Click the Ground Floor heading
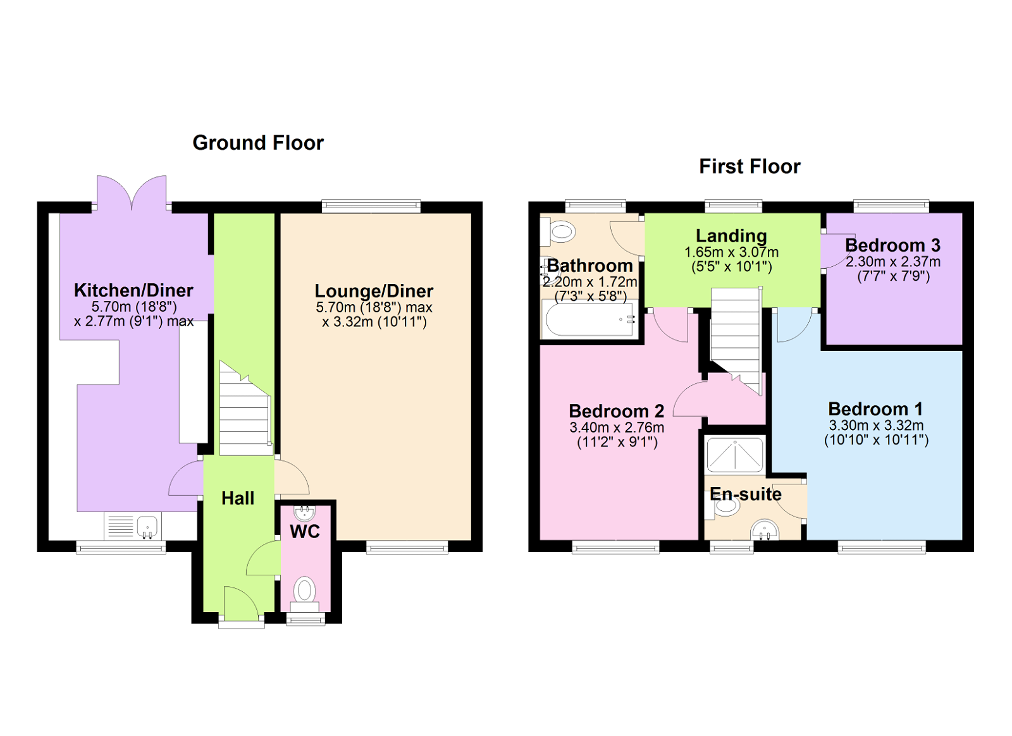[258, 143]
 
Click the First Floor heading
[750, 166]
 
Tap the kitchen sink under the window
[147, 525]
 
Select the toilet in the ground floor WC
[305, 592]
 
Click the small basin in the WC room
[305, 512]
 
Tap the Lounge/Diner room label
[374, 291]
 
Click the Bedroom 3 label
[892, 245]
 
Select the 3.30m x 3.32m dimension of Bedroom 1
[876, 426]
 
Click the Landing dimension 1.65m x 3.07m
[731, 252]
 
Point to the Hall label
[238, 498]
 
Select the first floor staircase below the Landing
[736, 335]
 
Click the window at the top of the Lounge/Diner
[371, 205]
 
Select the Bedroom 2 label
[617, 411]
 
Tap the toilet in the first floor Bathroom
[558, 232]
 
